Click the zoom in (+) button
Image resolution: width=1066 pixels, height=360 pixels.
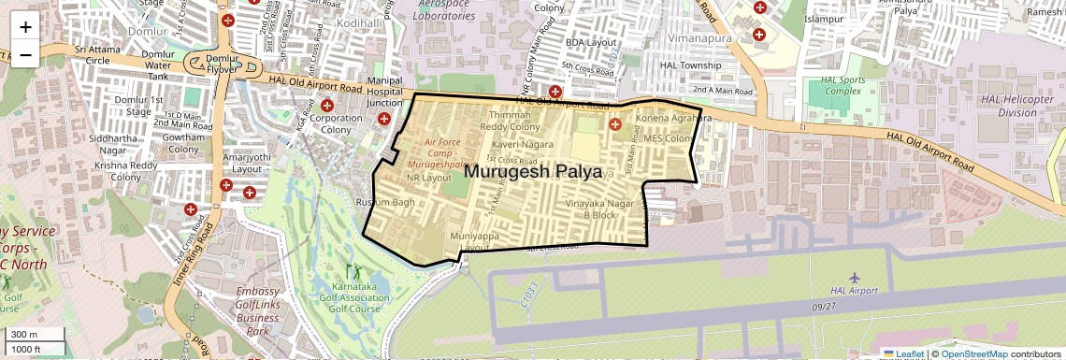pyautogui.click(x=25, y=26)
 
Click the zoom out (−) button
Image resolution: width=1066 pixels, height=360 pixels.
pyautogui.click(x=25, y=54)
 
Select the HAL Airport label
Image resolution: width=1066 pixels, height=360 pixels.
pyautogui.click(x=853, y=291)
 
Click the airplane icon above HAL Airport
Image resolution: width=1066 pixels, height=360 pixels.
pyautogui.click(x=854, y=277)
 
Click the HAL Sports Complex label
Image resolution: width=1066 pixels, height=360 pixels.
pyautogui.click(x=842, y=85)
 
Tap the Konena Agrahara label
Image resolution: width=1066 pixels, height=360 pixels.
pyautogui.click(x=673, y=119)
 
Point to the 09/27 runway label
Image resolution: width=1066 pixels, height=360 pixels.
pyautogui.click(x=824, y=306)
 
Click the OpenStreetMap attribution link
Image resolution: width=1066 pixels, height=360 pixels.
pyautogui.click(x=973, y=353)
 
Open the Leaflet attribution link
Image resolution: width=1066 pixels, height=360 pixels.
pyautogui.click(x=903, y=353)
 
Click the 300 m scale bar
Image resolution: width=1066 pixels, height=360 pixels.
pyautogui.click(x=33, y=335)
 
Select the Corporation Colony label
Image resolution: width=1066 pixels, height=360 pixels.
pyautogui.click(x=336, y=124)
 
